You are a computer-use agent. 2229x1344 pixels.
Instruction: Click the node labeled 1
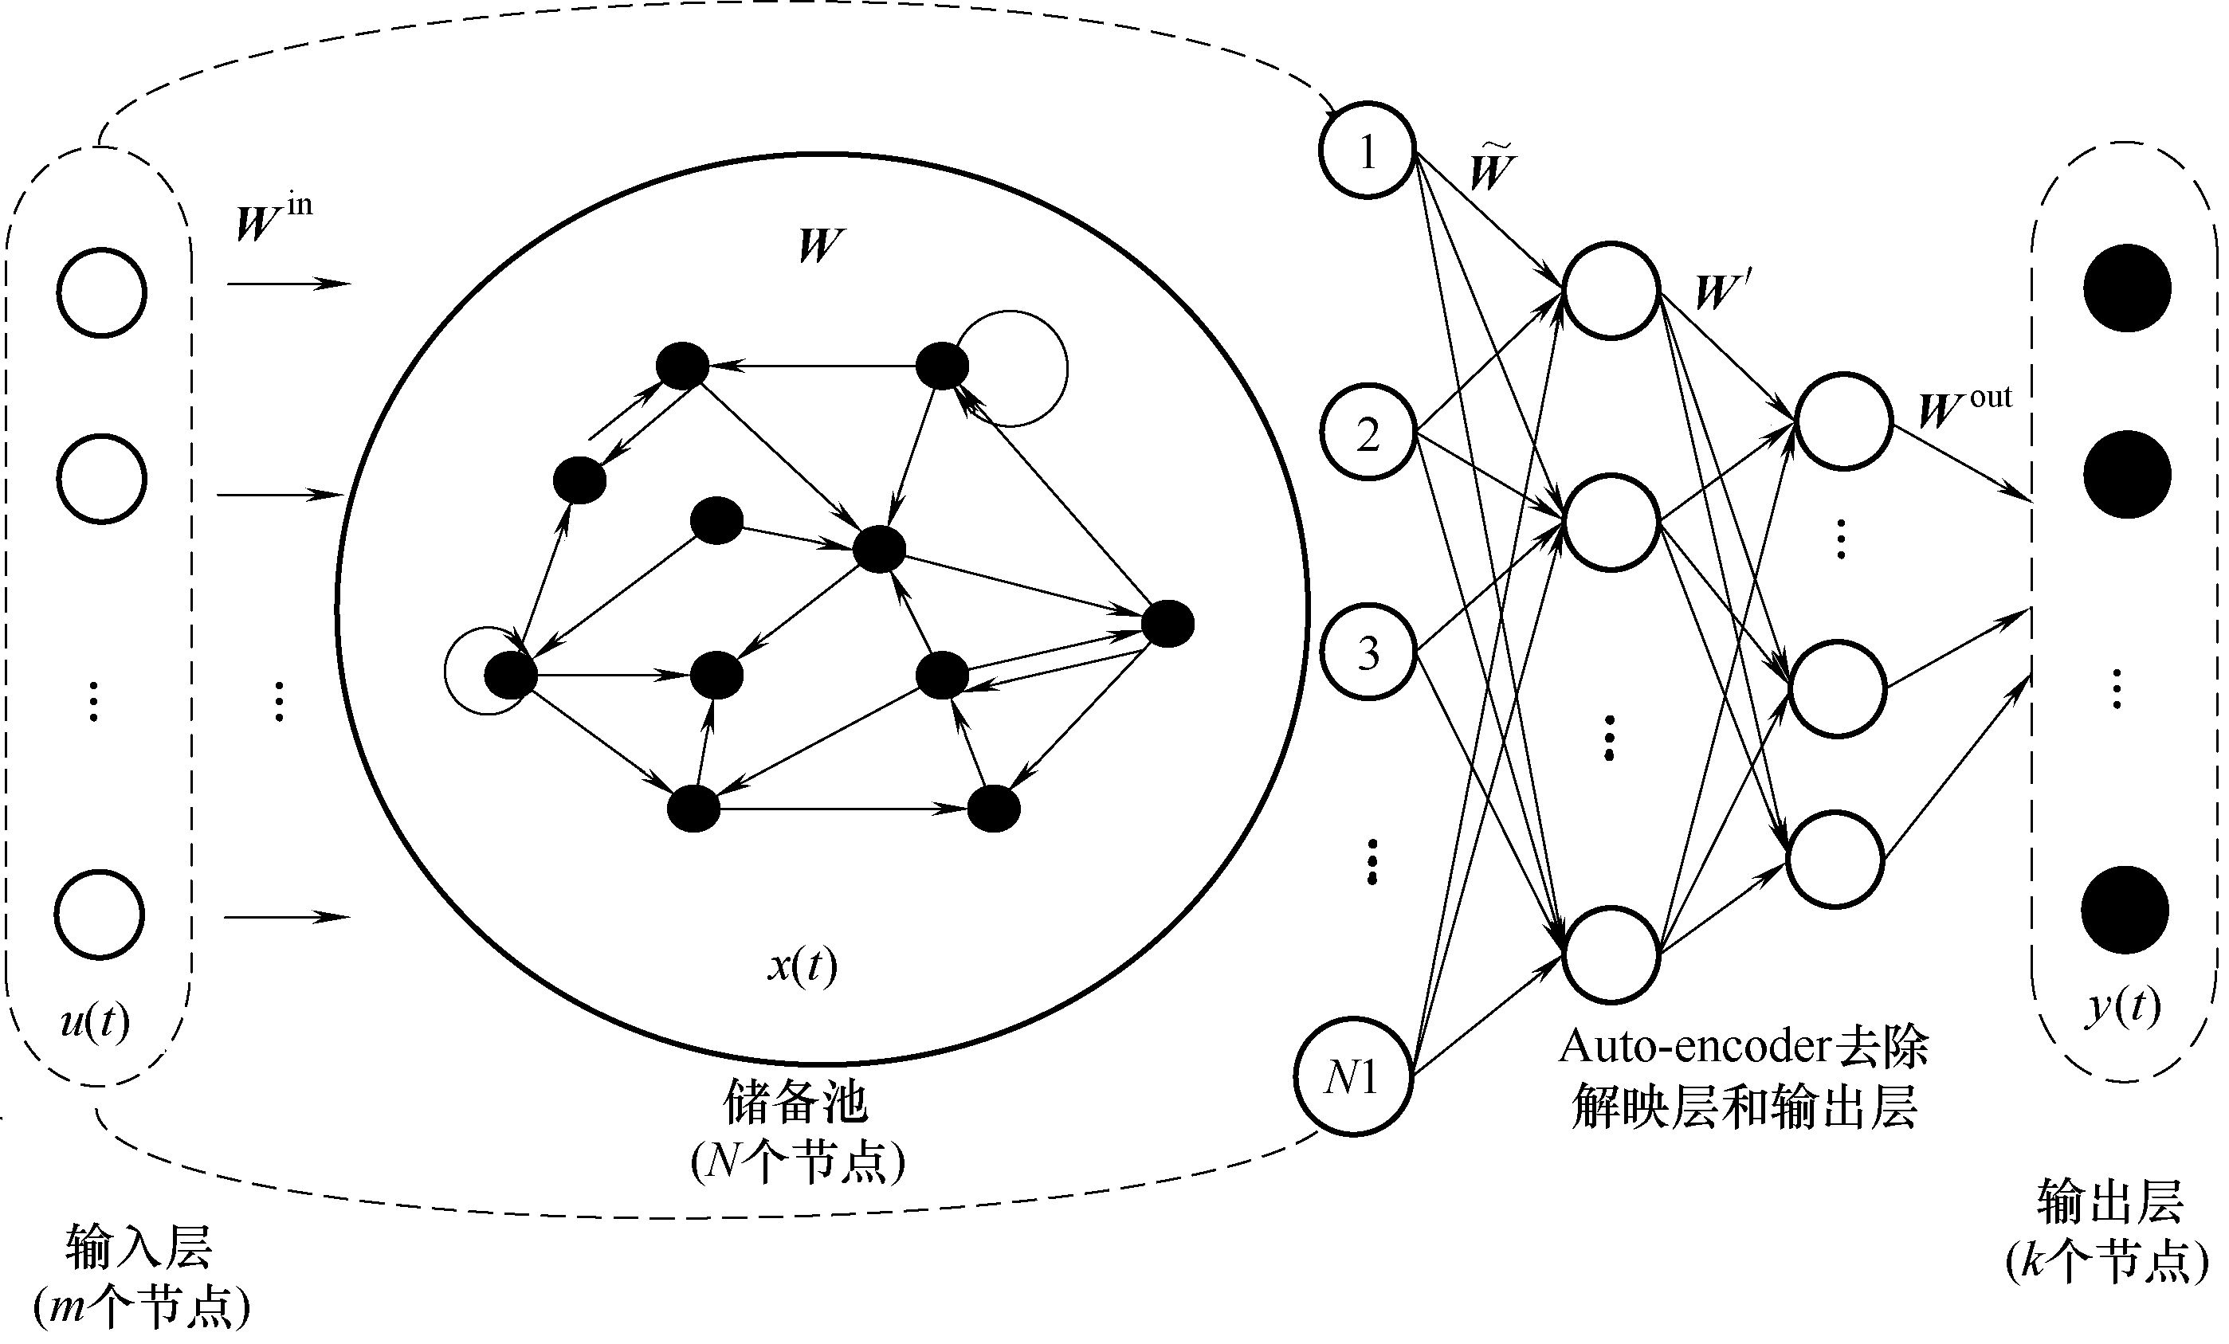(x=1367, y=150)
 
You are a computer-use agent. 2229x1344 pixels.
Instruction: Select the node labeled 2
(x=1368, y=433)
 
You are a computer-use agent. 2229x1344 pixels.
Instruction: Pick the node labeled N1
(x=1352, y=1076)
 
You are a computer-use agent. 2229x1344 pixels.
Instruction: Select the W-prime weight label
(x=1721, y=289)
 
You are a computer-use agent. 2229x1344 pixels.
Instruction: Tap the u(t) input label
(x=95, y=1021)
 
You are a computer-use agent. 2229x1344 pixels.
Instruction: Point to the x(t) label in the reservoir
(x=803, y=965)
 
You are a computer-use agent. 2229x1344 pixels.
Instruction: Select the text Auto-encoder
(x=1681, y=1046)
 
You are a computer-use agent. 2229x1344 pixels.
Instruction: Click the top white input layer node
(x=101, y=292)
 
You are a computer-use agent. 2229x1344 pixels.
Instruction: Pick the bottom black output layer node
(x=2125, y=909)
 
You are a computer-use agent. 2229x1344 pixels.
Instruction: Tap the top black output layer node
(x=2127, y=288)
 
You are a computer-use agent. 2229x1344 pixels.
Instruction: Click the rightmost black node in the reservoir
(x=1167, y=624)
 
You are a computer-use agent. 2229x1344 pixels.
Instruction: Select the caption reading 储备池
(x=795, y=1103)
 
